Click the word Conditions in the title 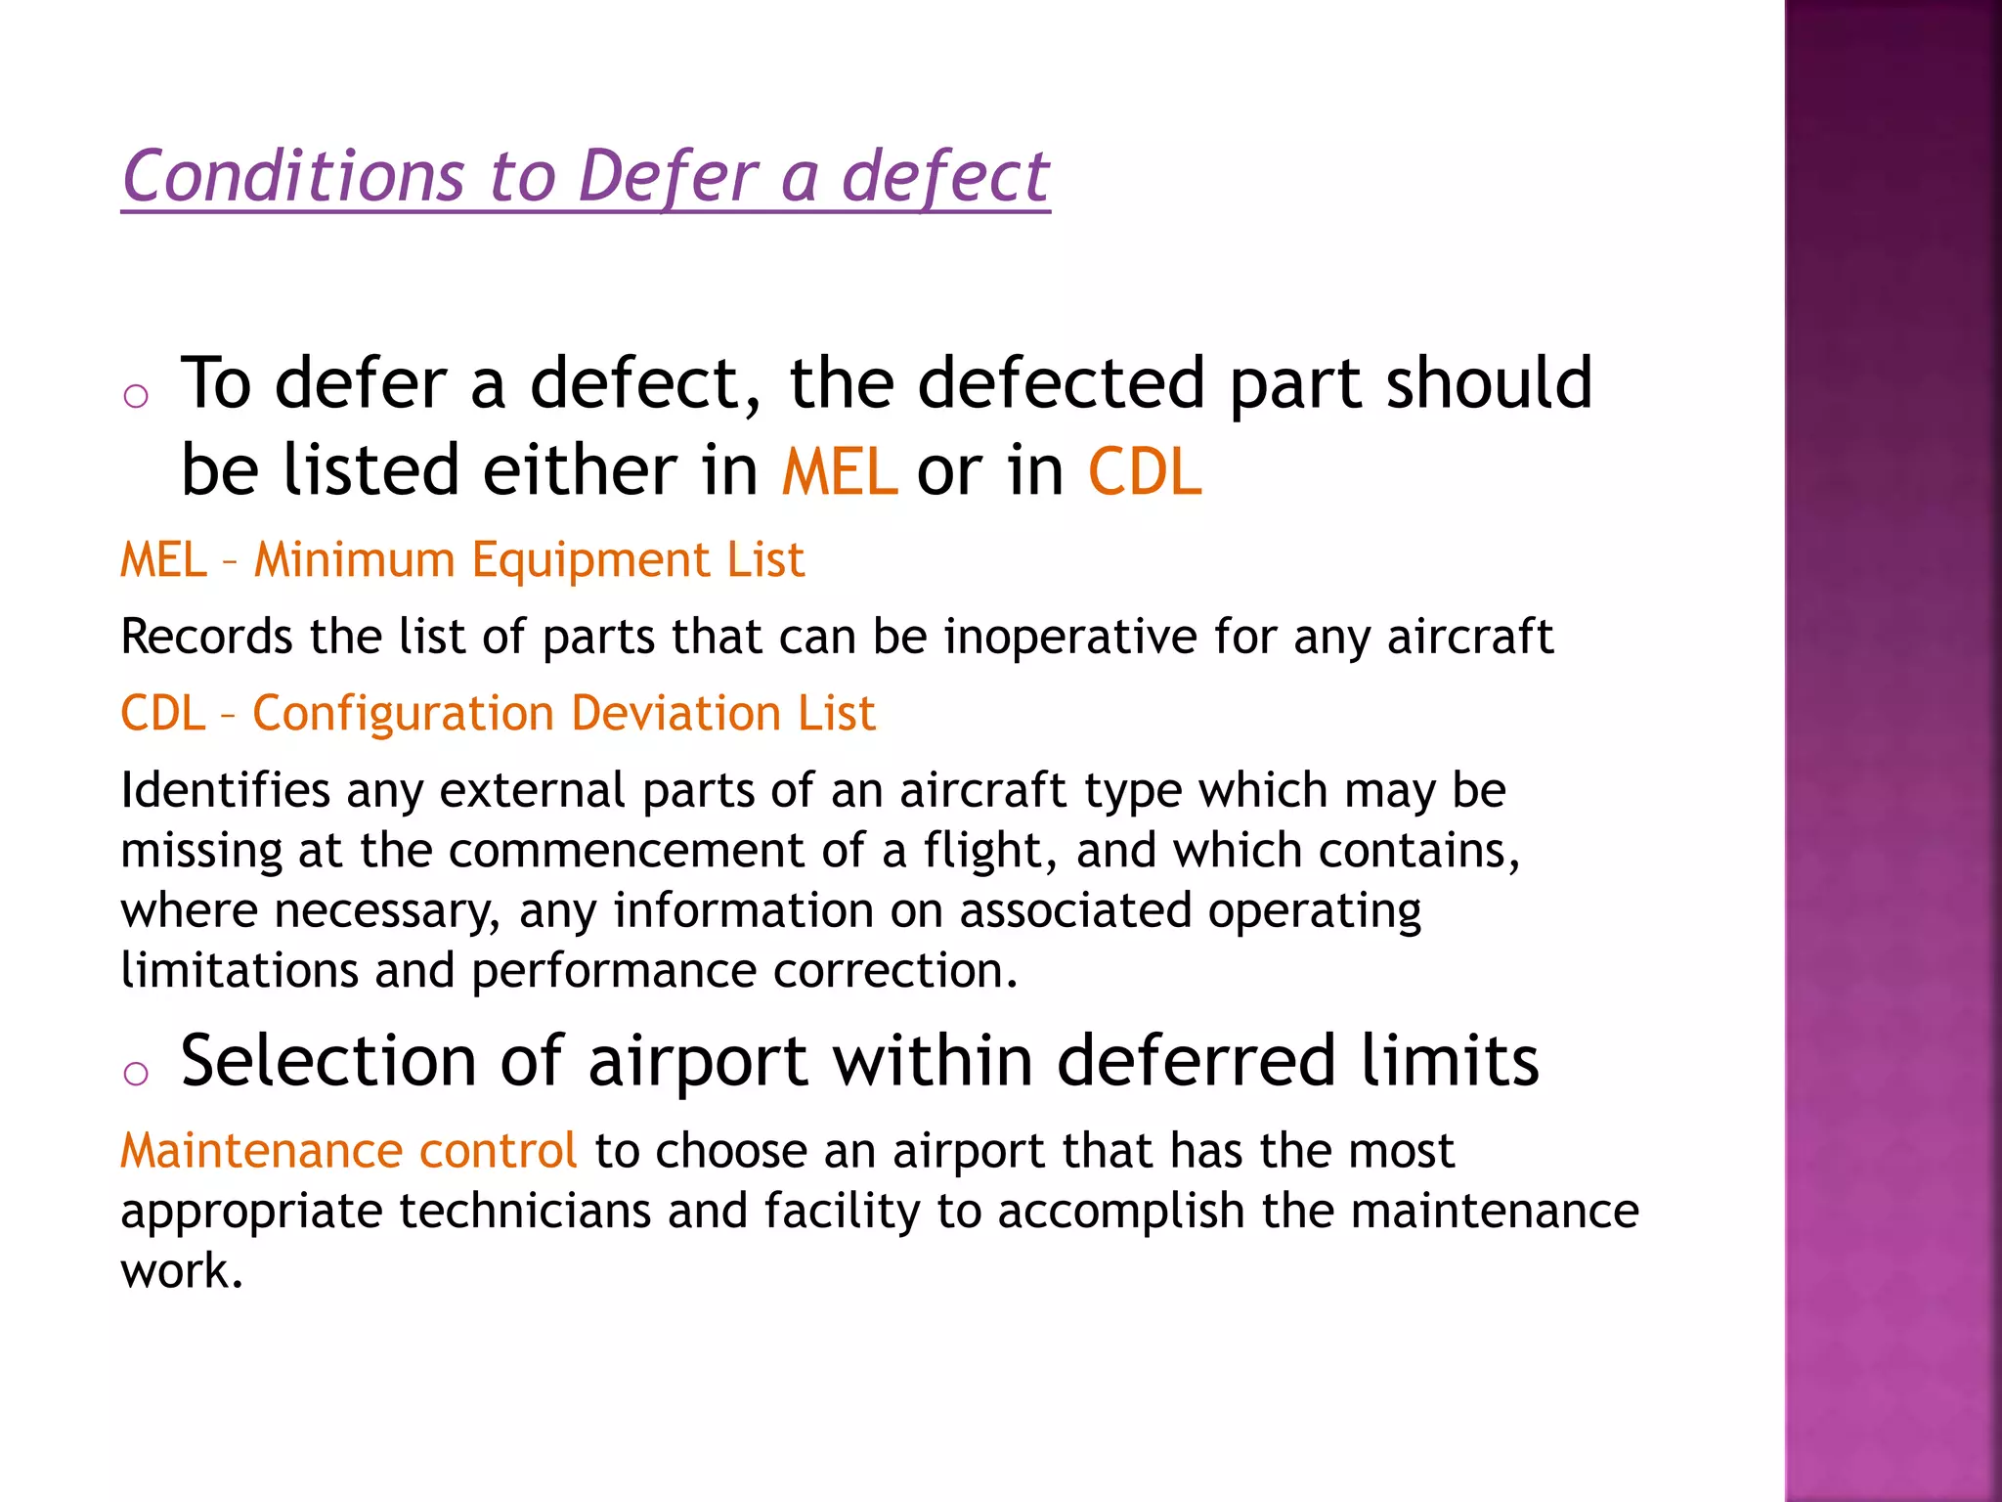(292, 177)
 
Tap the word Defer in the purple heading (667, 177)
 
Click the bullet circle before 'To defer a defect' (136, 396)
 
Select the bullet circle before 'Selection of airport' (136, 1074)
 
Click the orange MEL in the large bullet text (839, 471)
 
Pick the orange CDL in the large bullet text (1144, 471)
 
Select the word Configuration (403, 713)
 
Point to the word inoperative (1069, 638)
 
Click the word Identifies (225, 790)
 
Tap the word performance (614, 972)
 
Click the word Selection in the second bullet (328, 1062)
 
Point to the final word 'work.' (181, 1271)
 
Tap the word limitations (239, 971)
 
